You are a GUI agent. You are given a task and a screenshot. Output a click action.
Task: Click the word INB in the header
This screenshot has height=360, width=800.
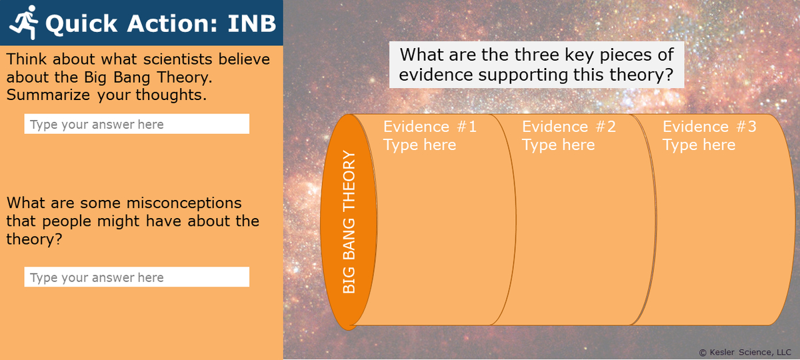pyautogui.click(x=251, y=23)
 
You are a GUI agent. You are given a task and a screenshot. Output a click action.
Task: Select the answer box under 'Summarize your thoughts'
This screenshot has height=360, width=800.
pyautogui.click(x=137, y=124)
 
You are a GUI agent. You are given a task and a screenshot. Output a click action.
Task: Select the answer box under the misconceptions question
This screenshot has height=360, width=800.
pyautogui.click(x=137, y=277)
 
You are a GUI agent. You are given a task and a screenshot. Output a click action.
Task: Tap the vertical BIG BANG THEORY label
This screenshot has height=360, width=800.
pyautogui.click(x=349, y=222)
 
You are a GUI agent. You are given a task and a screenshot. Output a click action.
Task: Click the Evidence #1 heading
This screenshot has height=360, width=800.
pyautogui.click(x=430, y=127)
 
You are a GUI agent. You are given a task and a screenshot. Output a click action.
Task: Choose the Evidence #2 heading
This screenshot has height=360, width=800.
pyautogui.click(x=569, y=127)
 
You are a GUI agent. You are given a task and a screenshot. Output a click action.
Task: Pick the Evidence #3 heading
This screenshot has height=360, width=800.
pyautogui.click(x=709, y=127)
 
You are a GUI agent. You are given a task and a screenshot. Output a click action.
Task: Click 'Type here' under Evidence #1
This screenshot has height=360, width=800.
pyautogui.click(x=419, y=145)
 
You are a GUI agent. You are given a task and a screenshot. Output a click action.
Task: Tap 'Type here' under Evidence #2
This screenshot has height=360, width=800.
pyautogui.click(x=558, y=145)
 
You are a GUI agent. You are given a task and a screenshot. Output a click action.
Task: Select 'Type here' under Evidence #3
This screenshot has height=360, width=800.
pyautogui.click(x=699, y=145)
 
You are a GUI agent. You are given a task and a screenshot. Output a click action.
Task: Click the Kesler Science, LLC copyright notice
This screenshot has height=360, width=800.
pyautogui.click(x=744, y=352)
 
